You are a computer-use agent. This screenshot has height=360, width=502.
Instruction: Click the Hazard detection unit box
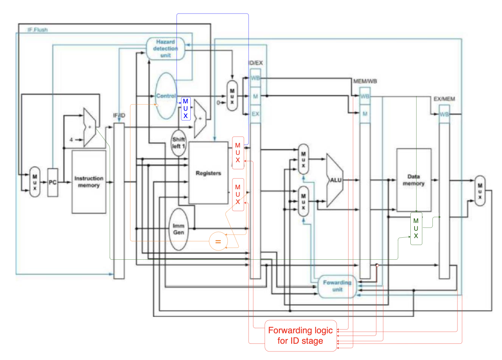point(166,49)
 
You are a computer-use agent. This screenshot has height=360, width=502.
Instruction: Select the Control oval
point(166,96)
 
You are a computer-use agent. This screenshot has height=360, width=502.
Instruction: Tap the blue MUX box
point(186,109)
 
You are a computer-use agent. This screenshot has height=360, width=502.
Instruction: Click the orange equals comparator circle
point(218,242)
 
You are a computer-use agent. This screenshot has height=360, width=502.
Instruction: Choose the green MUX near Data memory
point(416,228)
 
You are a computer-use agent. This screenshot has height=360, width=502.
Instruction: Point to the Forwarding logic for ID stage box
point(301,336)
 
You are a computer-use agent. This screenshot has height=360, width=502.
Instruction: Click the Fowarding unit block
point(337,286)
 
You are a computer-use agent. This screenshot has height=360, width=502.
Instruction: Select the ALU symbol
point(335,180)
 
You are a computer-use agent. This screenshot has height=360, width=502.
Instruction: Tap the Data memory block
point(414,180)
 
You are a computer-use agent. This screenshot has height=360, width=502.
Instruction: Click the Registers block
point(208,173)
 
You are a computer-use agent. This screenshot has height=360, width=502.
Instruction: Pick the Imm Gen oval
point(179,229)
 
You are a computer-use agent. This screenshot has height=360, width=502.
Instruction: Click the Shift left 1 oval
point(178,143)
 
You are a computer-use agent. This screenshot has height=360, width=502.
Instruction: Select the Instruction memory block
point(89,182)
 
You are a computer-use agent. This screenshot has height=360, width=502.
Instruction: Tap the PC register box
point(53,182)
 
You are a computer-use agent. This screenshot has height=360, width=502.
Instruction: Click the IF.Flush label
point(38,30)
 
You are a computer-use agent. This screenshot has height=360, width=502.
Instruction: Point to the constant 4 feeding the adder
point(71,140)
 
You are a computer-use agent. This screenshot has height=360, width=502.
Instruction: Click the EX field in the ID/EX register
point(255,114)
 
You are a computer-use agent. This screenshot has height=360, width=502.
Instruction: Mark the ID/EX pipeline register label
point(255,63)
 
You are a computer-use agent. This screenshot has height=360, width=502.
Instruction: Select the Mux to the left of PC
point(35,182)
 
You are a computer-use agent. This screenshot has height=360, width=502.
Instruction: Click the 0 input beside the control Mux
point(218,103)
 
